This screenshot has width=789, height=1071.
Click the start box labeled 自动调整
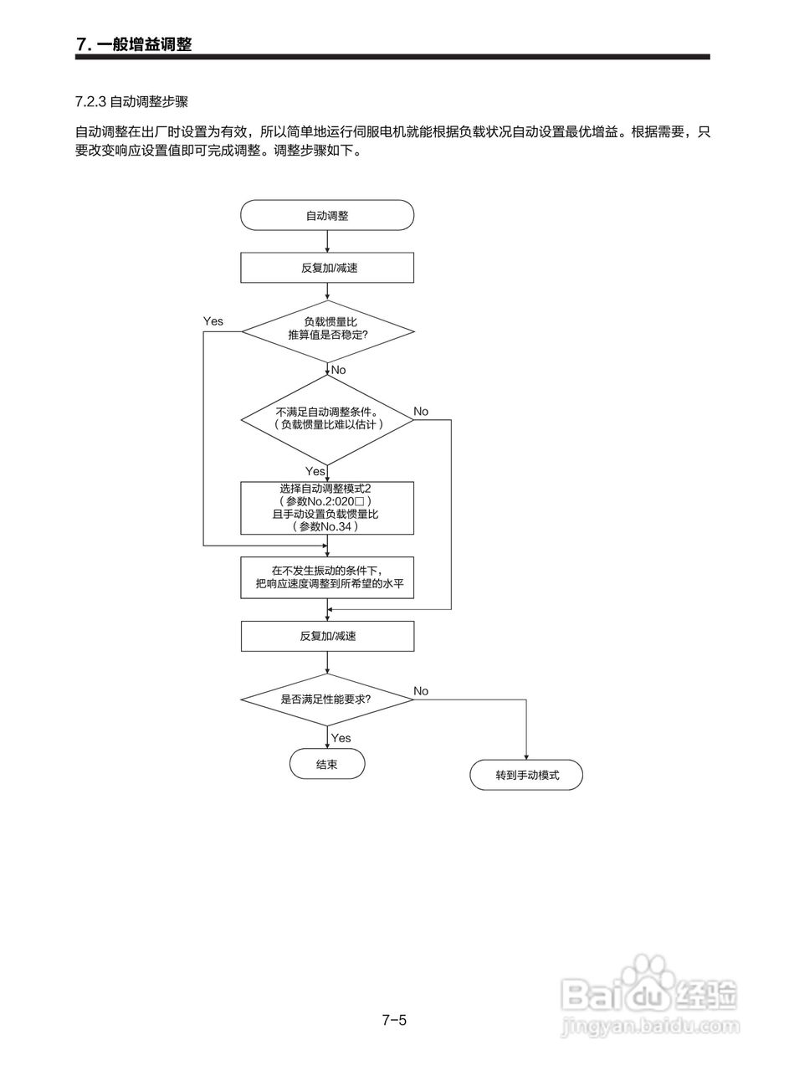[x=327, y=215]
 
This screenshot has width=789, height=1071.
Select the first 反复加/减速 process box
[x=327, y=268]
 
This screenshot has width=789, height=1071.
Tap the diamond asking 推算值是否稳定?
[x=327, y=331]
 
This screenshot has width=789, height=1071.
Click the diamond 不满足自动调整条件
[x=327, y=420]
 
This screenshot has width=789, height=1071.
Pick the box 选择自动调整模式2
[x=327, y=508]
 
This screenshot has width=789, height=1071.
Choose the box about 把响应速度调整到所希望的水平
[x=327, y=577]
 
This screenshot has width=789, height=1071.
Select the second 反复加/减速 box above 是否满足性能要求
[x=327, y=637]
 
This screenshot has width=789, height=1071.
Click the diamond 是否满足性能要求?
[x=327, y=699]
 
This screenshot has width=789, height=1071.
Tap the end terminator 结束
[x=327, y=764]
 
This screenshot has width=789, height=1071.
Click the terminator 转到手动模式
[x=526, y=775]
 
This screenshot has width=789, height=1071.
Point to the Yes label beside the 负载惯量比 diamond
[x=213, y=321]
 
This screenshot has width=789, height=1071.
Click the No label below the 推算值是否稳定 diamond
[x=339, y=370]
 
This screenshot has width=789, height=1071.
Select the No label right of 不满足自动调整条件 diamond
[x=421, y=412]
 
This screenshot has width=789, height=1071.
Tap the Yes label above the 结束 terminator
[x=341, y=738]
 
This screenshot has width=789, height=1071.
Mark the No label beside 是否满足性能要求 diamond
[x=421, y=691]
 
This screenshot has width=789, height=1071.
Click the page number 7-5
[x=395, y=1020]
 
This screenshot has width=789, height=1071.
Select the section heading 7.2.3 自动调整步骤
[x=131, y=102]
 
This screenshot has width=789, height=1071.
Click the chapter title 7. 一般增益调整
[x=134, y=44]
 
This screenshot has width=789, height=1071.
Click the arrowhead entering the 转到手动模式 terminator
[x=526, y=757]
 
